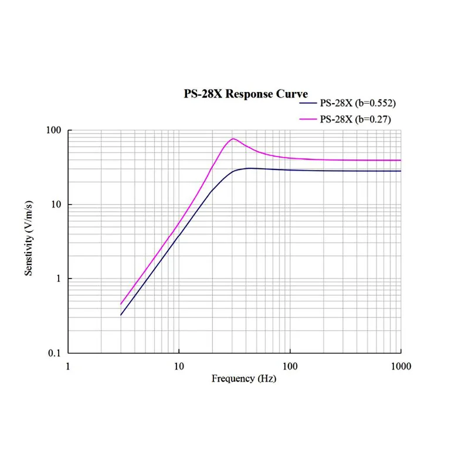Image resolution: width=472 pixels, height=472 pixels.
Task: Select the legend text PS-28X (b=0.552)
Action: pyautogui.click(x=358, y=104)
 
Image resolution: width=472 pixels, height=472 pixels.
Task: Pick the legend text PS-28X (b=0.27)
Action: pyautogui.click(x=356, y=119)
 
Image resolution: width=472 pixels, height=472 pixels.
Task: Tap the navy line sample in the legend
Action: pyautogui.click(x=308, y=104)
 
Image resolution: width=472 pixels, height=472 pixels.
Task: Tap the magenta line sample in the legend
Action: pyautogui.click(x=308, y=119)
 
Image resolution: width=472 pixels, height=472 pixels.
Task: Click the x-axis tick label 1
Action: pyautogui.click(x=68, y=366)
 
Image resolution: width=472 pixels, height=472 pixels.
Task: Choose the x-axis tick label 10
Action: pyautogui.click(x=179, y=366)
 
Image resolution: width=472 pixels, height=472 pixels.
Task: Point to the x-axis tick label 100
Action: pyautogui.click(x=290, y=366)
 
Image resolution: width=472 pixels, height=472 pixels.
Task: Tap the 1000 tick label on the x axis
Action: pyautogui.click(x=400, y=366)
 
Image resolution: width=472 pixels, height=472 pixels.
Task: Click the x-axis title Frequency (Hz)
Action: pyautogui.click(x=243, y=379)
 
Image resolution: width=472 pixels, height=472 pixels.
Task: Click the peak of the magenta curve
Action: pyautogui.click(x=233, y=139)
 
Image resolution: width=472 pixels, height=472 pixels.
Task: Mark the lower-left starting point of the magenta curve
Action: pyautogui.click(x=121, y=304)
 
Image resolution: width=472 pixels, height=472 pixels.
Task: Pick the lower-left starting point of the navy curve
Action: pyautogui.click(x=121, y=315)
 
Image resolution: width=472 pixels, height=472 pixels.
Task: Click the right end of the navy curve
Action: pyautogui.click(x=400, y=171)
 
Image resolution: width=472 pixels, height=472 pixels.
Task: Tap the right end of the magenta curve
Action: pyautogui.click(x=400, y=160)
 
